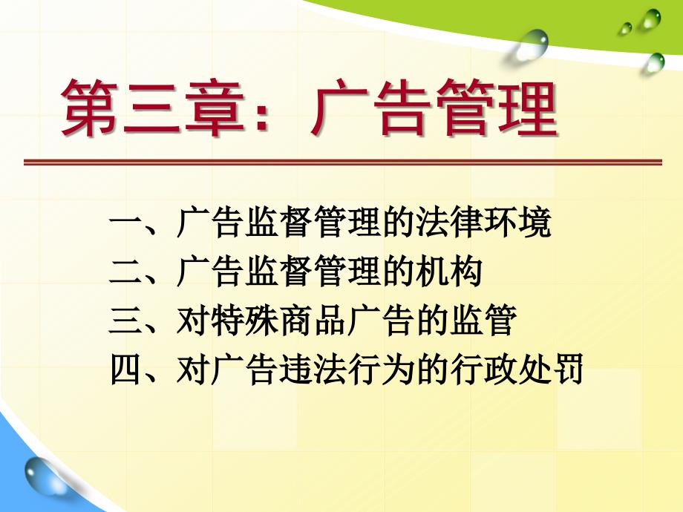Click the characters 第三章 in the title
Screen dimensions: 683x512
pos(151,108)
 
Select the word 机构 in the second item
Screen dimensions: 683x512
pos(448,272)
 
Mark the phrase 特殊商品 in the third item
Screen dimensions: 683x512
pos(278,321)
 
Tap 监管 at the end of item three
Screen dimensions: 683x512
pos(483,321)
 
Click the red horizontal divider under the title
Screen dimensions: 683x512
pos(343,162)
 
